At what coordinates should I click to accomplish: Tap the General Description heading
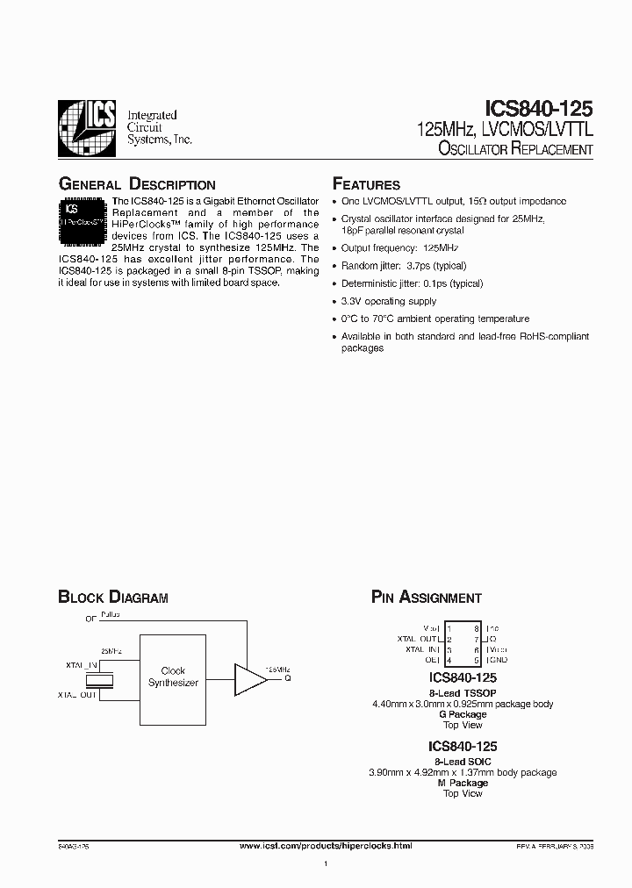click(x=136, y=184)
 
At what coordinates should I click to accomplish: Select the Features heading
click(x=366, y=184)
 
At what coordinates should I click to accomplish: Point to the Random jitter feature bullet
click(x=404, y=265)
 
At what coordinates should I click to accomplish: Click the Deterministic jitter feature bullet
click(x=412, y=283)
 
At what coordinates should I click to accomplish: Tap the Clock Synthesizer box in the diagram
click(x=173, y=677)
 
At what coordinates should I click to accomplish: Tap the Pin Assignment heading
click(x=427, y=598)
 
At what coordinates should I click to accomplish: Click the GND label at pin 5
click(x=497, y=660)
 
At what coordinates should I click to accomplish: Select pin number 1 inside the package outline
click(x=449, y=629)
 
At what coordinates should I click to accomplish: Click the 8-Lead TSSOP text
click(x=463, y=693)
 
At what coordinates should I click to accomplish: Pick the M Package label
click(x=463, y=783)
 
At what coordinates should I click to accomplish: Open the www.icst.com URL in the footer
click(x=326, y=845)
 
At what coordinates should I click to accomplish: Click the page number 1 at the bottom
click(x=326, y=865)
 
